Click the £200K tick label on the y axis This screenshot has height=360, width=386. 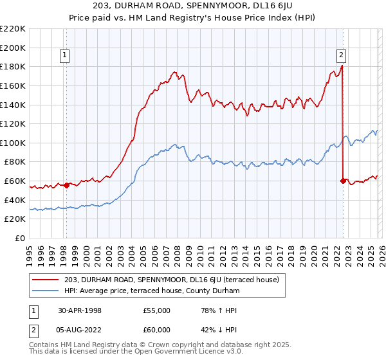point(13,48)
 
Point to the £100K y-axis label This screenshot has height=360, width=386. point(13,143)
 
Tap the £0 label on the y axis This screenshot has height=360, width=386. point(19,239)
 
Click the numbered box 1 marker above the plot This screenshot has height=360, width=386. point(66,56)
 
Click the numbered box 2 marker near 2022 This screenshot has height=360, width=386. point(341,56)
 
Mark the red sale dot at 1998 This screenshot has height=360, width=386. point(67,186)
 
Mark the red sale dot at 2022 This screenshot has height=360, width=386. point(342,181)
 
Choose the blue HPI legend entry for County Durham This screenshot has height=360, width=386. point(152,291)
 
